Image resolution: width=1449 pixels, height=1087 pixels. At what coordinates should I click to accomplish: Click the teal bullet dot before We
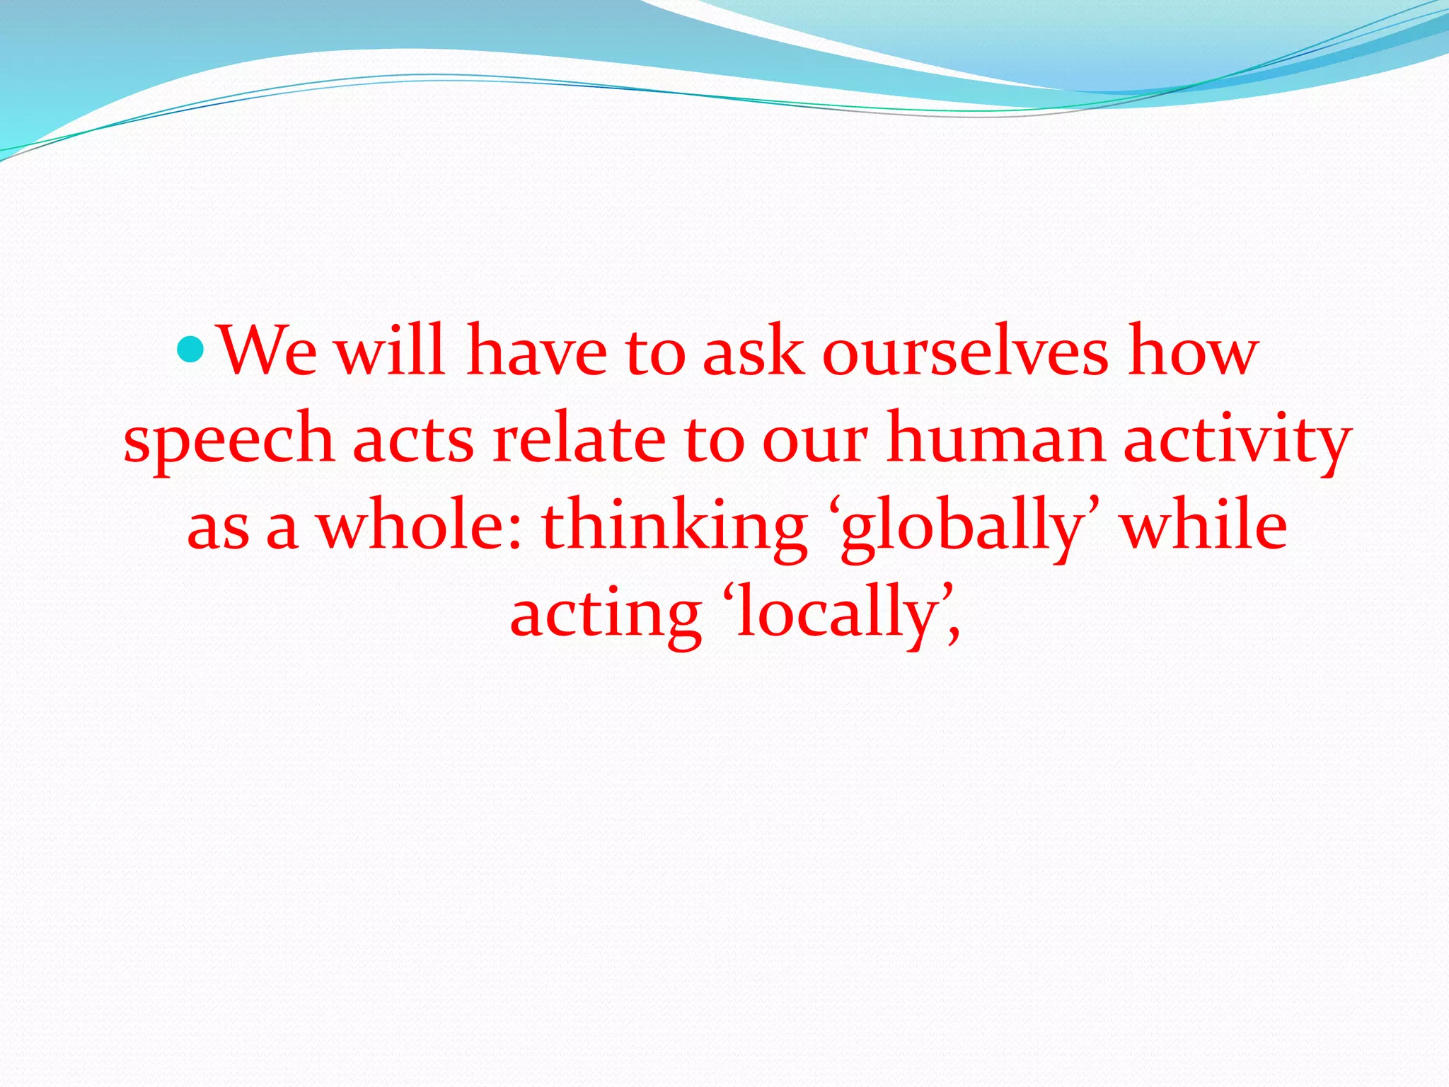point(190,349)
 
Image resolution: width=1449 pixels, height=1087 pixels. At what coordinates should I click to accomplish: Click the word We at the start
point(268,352)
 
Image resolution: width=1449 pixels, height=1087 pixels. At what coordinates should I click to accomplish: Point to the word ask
point(753,352)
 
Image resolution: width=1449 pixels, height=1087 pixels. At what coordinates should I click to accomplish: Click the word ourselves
point(966,352)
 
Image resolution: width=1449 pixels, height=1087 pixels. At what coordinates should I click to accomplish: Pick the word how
point(1193,352)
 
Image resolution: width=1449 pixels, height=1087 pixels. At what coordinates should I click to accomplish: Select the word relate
point(579,439)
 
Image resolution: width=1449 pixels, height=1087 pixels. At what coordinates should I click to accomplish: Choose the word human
point(995,439)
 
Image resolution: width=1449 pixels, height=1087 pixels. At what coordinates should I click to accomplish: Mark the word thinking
point(674,529)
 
